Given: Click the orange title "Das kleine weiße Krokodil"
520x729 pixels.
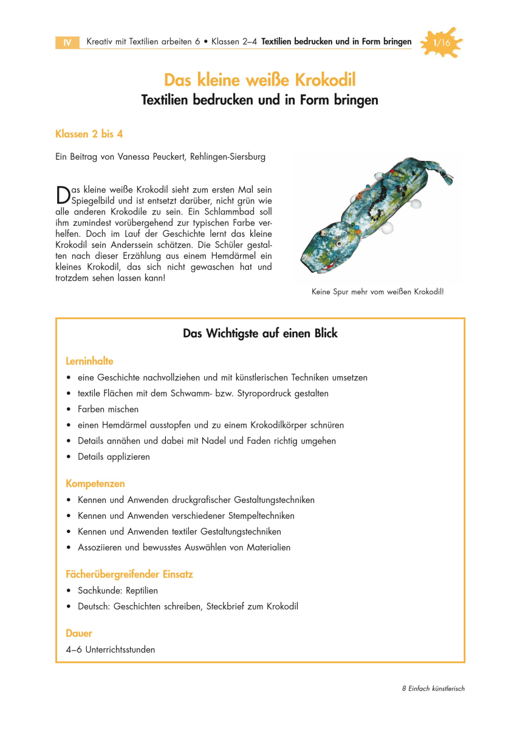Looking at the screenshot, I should (x=259, y=80).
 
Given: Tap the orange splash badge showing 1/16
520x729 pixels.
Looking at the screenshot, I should (x=442, y=43).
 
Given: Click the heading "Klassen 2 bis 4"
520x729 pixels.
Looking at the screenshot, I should (x=89, y=134).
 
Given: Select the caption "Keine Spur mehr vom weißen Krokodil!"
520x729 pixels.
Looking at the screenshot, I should (x=377, y=292).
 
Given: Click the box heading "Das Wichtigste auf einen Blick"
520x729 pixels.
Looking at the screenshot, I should (x=260, y=334).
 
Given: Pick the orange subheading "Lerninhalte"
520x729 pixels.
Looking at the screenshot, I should (x=89, y=361).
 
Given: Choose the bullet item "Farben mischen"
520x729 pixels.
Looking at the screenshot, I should (x=108, y=409).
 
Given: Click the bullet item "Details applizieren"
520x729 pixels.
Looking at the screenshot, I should (x=114, y=456).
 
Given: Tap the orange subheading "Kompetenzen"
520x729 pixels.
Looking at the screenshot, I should (x=95, y=484).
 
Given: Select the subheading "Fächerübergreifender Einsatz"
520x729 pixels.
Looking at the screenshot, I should (x=129, y=573).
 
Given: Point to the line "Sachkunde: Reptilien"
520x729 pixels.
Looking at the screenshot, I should (x=117, y=590).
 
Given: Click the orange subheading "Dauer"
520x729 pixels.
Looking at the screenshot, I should (x=79, y=633).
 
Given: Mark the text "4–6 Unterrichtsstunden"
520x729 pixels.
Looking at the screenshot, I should (x=110, y=649).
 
